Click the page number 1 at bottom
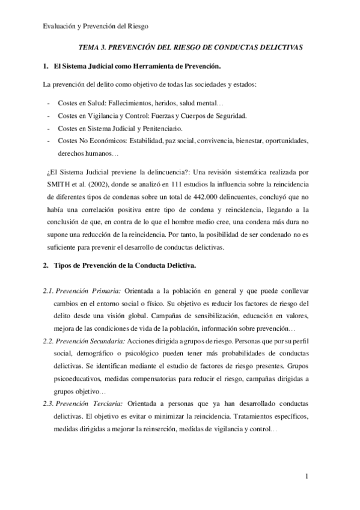[x=307, y=478]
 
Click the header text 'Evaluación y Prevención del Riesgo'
[x=96, y=26]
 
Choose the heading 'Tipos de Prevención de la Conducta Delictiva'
[x=141, y=265]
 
